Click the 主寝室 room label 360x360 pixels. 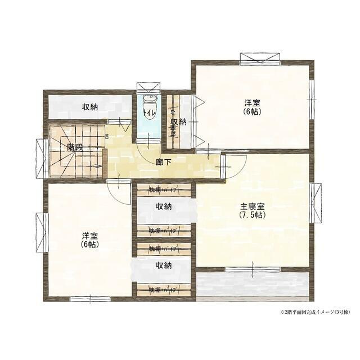pos(251,206)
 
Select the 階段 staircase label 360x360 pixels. pos(75,147)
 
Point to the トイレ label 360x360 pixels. pos(148,112)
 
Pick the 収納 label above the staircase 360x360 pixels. pos(90,106)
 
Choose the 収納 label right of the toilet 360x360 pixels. pos(179,122)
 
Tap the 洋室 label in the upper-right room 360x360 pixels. pos(252,103)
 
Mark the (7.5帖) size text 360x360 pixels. pos(251,215)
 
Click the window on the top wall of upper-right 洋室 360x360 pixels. pos(260,58)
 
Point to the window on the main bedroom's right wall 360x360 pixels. pos(316,202)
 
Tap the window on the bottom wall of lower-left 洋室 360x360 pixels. pos(90,298)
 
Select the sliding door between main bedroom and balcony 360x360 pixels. pos(252,269)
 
